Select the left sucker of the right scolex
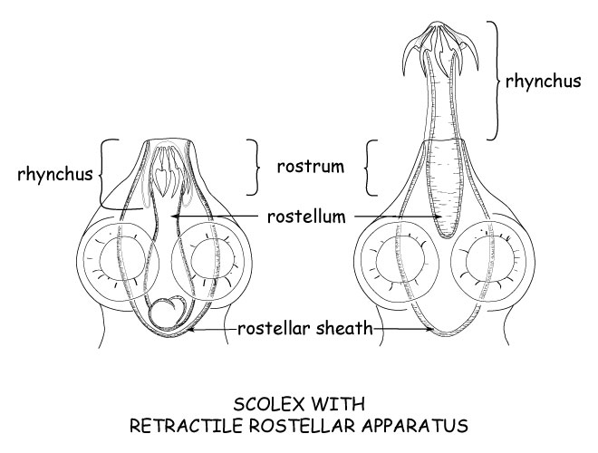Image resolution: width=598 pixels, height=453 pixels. point(399,268)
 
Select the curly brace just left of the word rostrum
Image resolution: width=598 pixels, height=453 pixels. point(255,167)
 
